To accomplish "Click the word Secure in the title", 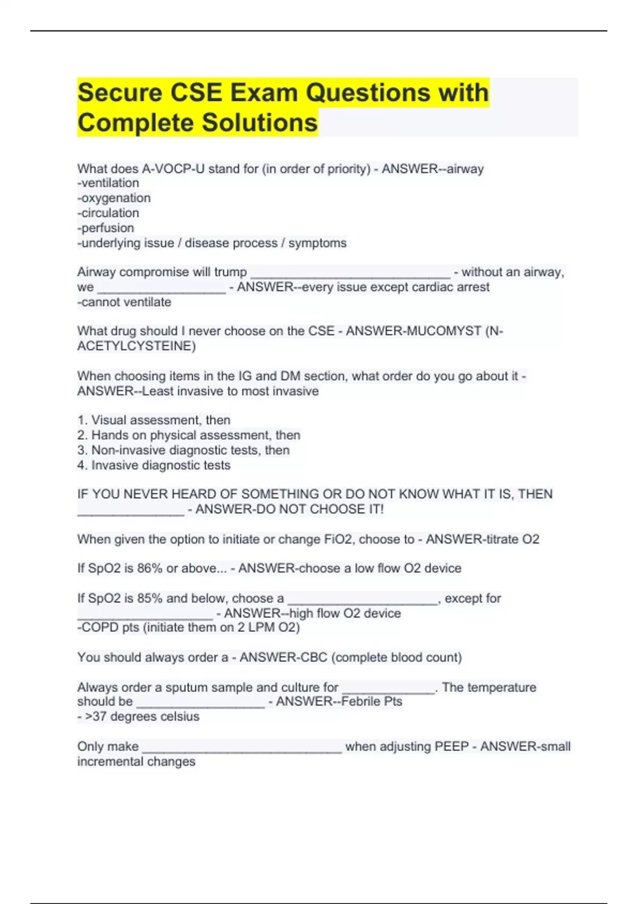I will point(120,93).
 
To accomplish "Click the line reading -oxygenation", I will point(114,198).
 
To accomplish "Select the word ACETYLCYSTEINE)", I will point(136,346).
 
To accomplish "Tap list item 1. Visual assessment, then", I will point(154,420).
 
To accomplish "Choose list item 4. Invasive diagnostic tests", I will point(154,465).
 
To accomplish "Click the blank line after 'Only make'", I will point(242,749).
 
